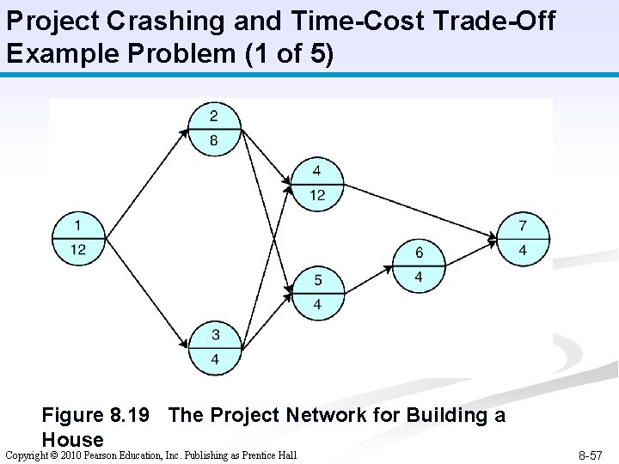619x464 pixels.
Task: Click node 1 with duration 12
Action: tap(78, 238)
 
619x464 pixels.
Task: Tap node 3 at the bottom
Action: tap(213, 348)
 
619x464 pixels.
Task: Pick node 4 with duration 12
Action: tap(317, 183)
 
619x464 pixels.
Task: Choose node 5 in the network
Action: tap(317, 293)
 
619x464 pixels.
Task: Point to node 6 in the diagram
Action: tap(419, 265)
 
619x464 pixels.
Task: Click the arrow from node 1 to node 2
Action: tap(142, 176)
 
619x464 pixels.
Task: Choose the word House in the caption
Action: tap(72, 440)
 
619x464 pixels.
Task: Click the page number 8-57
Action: tap(590, 455)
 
